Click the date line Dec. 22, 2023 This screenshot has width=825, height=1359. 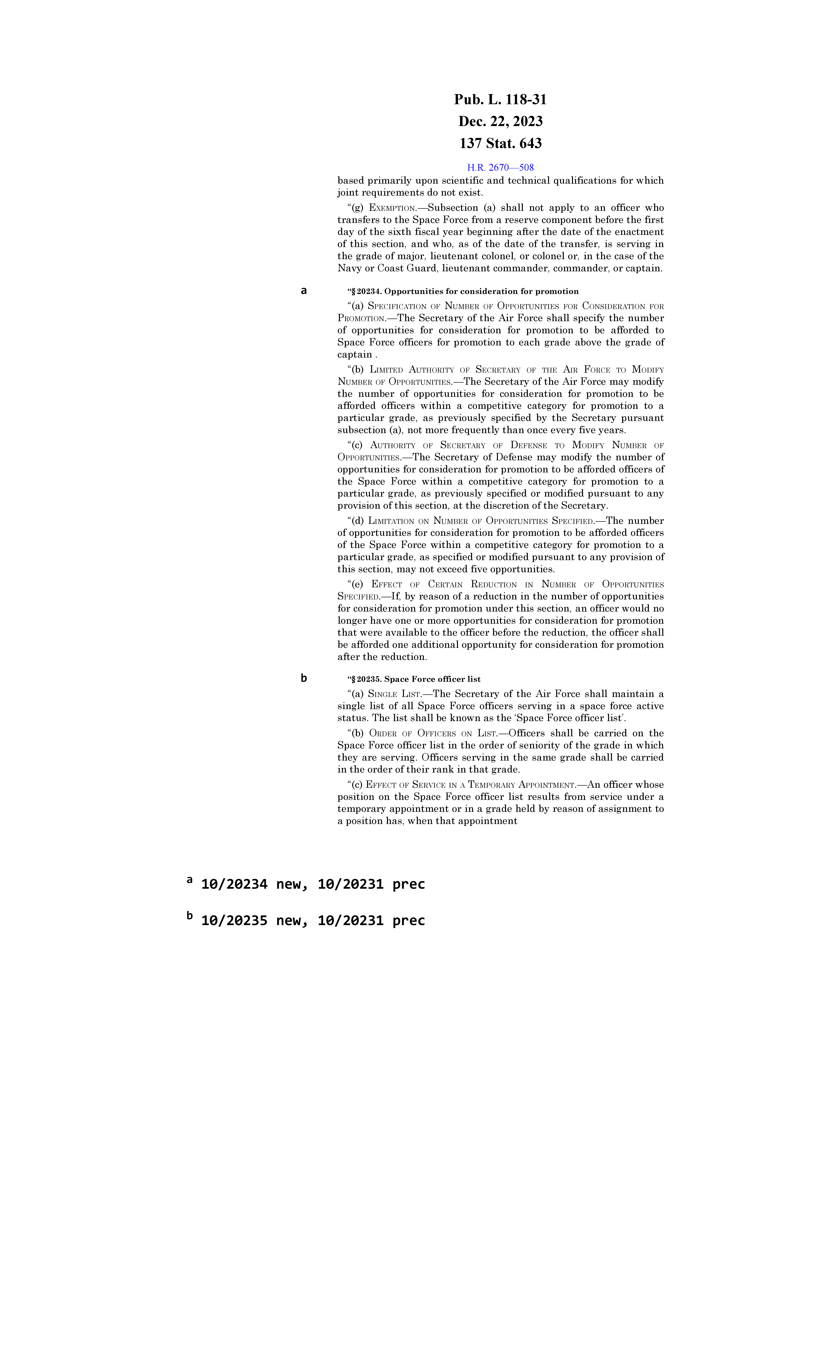[500, 121]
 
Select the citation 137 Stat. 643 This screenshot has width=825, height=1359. [500, 143]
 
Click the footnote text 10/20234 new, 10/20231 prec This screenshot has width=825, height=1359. [313, 884]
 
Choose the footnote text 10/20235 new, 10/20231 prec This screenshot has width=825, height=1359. [313, 921]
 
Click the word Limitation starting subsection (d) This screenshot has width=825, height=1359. [391, 521]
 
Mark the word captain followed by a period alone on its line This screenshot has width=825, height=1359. [355, 355]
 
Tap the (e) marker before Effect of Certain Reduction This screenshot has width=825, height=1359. [357, 584]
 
